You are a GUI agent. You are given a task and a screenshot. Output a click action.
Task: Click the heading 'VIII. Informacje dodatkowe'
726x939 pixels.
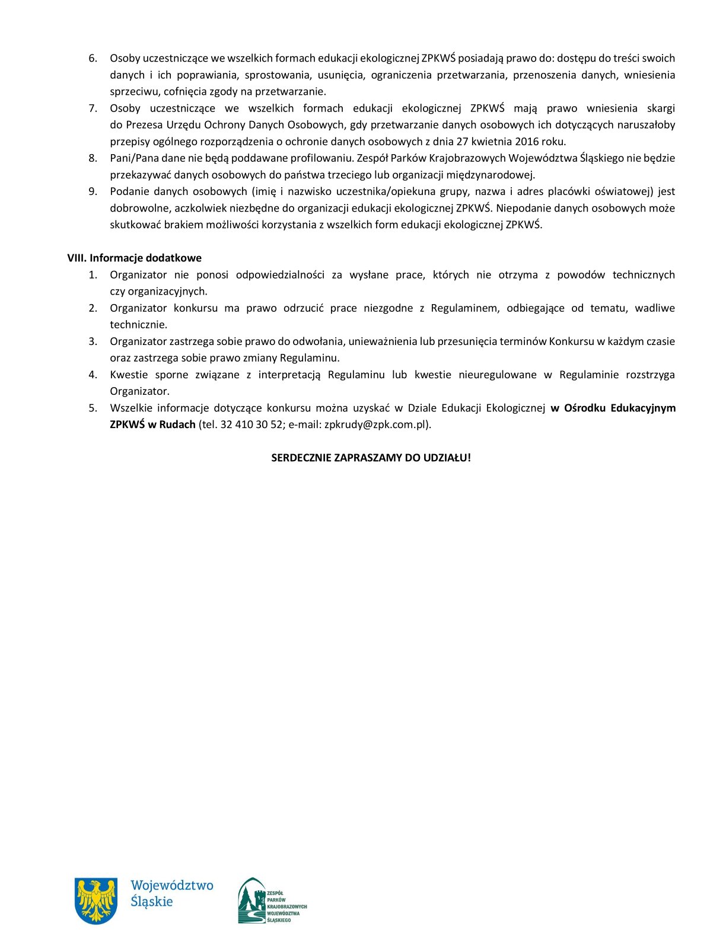(x=134, y=258)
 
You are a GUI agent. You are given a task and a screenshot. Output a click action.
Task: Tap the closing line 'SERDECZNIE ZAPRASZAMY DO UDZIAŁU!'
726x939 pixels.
(x=371, y=458)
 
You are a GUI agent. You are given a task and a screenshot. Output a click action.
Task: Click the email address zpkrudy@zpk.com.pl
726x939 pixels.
(x=376, y=424)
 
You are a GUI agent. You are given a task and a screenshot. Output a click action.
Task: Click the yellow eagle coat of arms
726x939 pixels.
(x=95, y=900)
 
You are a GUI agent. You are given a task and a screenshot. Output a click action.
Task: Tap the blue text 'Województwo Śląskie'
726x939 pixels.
(x=171, y=893)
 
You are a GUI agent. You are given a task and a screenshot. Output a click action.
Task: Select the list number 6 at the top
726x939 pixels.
(x=93, y=59)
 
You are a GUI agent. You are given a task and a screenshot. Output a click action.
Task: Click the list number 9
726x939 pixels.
(x=93, y=191)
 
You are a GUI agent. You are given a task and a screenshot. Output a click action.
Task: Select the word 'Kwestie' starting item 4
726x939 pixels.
(x=129, y=375)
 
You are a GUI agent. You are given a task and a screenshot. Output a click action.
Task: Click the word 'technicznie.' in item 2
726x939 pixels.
(x=139, y=325)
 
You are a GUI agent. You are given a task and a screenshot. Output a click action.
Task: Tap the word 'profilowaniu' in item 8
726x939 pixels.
(x=322, y=158)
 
